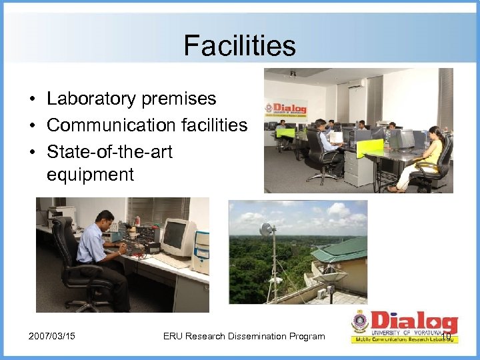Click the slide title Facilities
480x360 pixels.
(x=240, y=46)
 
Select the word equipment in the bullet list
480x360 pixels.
(x=90, y=175)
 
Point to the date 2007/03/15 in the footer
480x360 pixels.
(x=51, y=336)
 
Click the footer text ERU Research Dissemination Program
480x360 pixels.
(x=244, y=336)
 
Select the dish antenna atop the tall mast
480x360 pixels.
(x=268, y=231)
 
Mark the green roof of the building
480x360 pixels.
(x=340, y=250)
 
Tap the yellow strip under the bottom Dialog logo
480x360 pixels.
(x=404, y=339)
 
